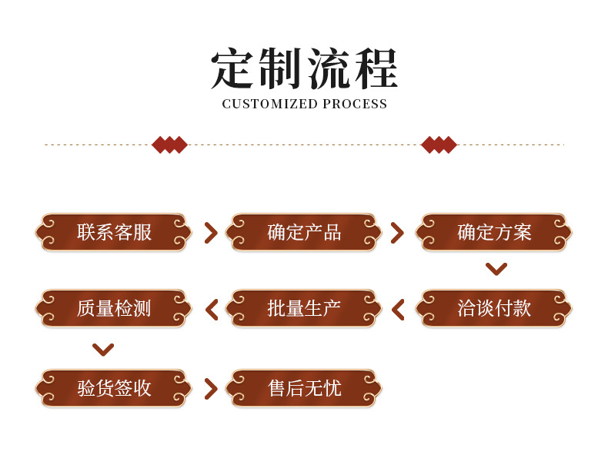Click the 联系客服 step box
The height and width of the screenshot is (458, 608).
click(x=114, y=232)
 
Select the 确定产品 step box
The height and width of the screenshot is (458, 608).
click(x=304, y=232)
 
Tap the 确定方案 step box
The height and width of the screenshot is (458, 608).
click(x=494, y=232)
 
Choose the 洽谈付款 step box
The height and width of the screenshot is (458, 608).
click(x=494, y=308)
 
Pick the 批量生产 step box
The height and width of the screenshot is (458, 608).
click(x=304, y=308)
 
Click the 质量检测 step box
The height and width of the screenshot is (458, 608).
click(x=114, y=308)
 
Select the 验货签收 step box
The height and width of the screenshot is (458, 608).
click(x=114, y=388)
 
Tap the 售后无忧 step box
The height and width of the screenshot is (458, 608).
click(x=304, y=388)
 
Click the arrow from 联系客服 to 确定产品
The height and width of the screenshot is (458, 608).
click(x=210, y=233)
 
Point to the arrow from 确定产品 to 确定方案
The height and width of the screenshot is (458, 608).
click(x=397, y=233)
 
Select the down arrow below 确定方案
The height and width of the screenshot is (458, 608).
click(x=496, y=269)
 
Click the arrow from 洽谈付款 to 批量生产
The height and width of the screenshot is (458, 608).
click(x=398, y=309)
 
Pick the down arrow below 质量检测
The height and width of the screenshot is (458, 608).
click(x=103, y=350)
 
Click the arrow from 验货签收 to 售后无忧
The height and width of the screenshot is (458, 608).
click(x=210, y=388)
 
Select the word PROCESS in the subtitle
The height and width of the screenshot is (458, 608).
click(x=355, y=105)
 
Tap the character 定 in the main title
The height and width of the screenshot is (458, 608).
click(x=233, y=69)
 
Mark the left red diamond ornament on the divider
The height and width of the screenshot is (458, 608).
click(x=169, y=144)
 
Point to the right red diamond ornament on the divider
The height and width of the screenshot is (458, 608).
click(x=439, y=144)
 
